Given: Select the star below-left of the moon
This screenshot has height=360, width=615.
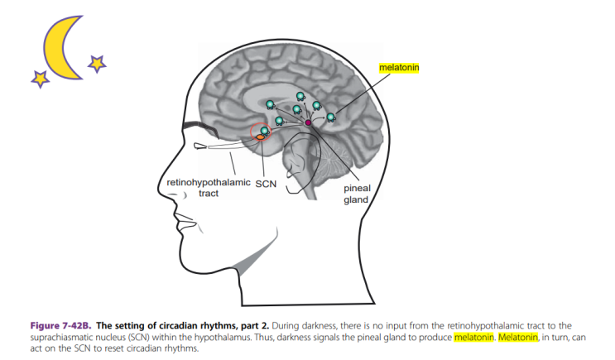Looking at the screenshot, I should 39,79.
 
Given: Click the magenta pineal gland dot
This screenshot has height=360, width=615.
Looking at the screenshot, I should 308,122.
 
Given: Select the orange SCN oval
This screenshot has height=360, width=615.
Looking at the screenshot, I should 260,137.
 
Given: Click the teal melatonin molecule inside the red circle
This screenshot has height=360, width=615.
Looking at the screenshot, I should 264,131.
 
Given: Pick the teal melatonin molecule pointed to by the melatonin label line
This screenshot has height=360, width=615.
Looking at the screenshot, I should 331,118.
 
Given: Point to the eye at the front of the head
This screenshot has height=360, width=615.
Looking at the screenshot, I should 201,146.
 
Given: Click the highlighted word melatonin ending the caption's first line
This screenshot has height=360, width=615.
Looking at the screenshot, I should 473,338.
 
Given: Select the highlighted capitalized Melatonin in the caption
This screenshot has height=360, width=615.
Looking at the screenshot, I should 517,338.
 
